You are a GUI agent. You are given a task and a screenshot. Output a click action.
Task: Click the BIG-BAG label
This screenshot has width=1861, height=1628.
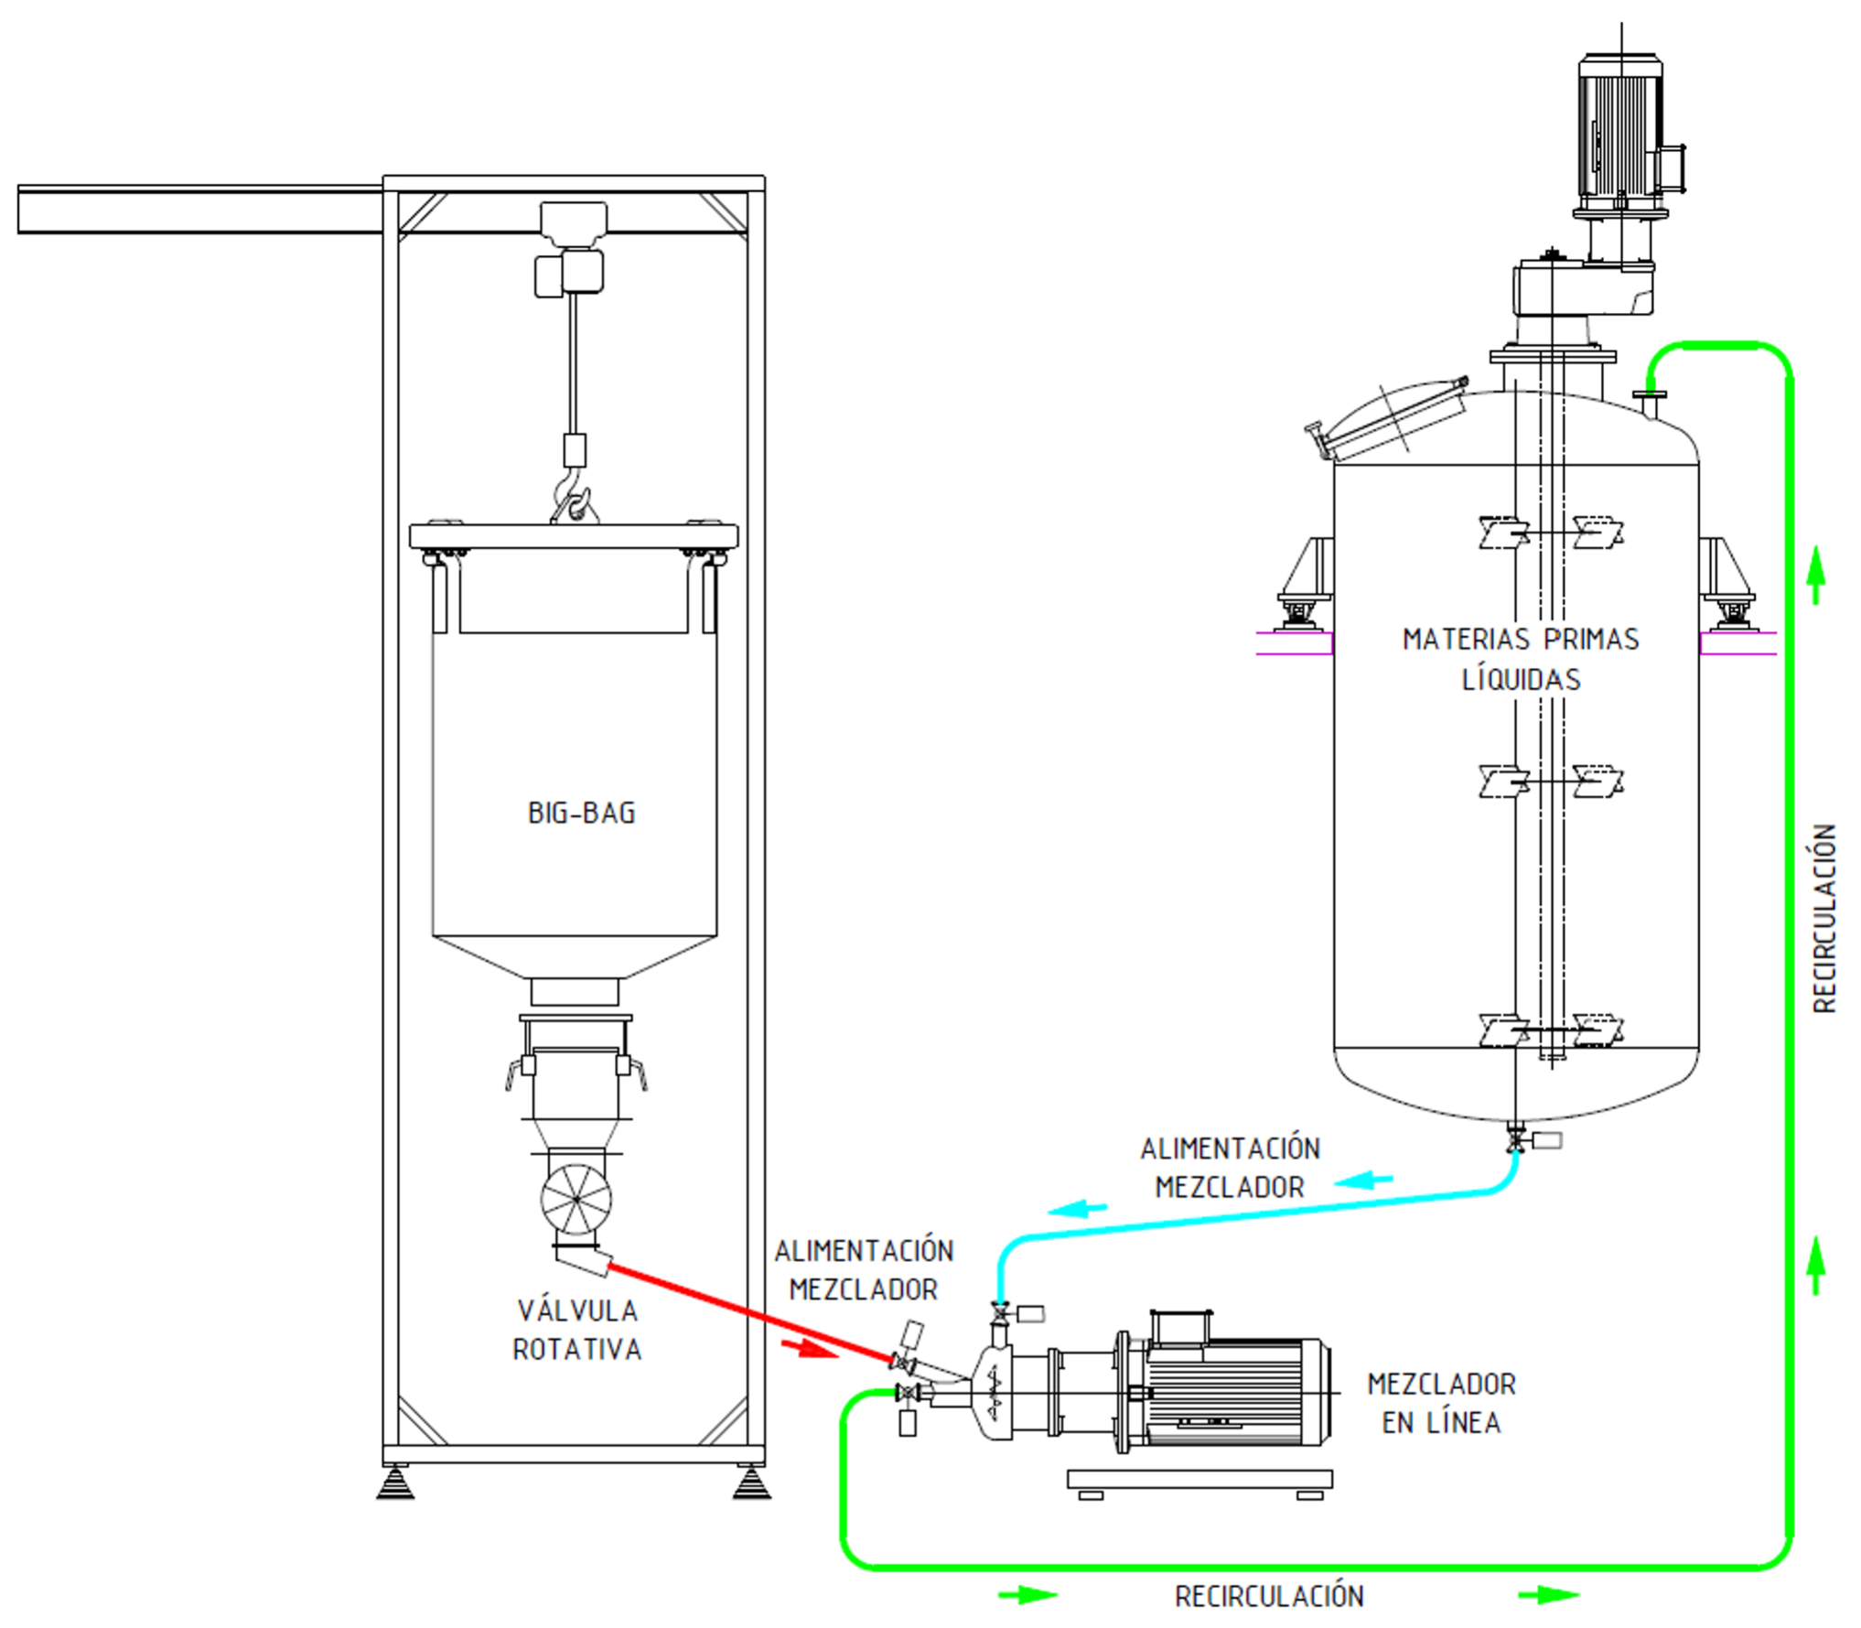tap(581, 813)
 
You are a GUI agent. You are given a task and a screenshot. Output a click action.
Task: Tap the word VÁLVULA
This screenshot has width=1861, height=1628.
tap(577, 1310)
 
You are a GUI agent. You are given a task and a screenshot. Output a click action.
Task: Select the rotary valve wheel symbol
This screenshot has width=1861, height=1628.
tap(576, 1199)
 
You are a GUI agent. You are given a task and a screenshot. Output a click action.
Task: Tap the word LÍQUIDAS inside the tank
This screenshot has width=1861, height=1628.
tap(1521, 679)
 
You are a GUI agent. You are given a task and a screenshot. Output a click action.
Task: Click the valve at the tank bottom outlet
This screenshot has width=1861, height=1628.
tap(1515, 1140)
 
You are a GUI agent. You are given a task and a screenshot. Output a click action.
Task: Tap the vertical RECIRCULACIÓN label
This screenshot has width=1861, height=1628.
tap(1824, 918)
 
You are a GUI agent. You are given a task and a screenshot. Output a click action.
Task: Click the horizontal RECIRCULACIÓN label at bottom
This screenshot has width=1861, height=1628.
tap(1269, 1596)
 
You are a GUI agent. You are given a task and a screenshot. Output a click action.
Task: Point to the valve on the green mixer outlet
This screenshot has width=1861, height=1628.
tap(908, 1393)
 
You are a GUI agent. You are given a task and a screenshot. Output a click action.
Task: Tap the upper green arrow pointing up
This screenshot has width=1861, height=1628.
tap(1817, 575)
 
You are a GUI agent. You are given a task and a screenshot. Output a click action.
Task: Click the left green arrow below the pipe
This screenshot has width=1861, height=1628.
tap(1027, 1595)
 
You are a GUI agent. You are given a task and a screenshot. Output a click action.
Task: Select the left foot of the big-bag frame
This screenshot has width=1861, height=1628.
tap(395, 1480)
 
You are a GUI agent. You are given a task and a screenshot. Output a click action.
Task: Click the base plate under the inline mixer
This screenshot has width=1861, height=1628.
tap(1199, 1478)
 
